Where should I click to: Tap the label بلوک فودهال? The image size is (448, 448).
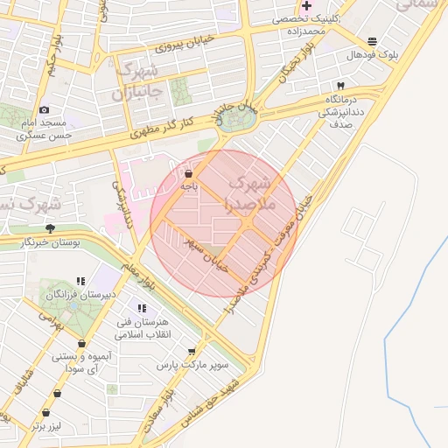[x=372, y=54]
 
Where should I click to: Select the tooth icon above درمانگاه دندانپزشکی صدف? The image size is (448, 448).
[x=340, y=86]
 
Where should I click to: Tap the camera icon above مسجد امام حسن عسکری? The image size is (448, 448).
[x=44, y=109]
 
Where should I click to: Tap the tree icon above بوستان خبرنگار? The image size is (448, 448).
[x=50, y=229]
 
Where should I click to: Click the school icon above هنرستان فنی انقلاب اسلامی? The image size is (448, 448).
[x=142, y=309]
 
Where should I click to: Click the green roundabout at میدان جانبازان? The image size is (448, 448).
[x=233, y=119]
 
